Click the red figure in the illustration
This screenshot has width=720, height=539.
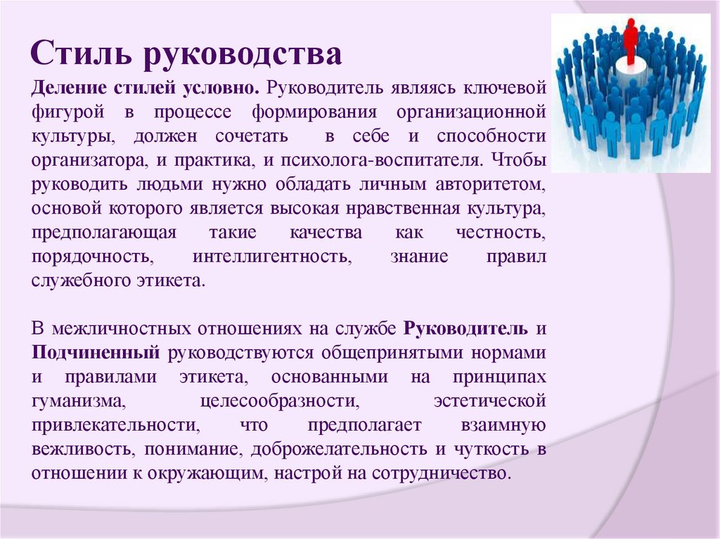click(x=630, y=39)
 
